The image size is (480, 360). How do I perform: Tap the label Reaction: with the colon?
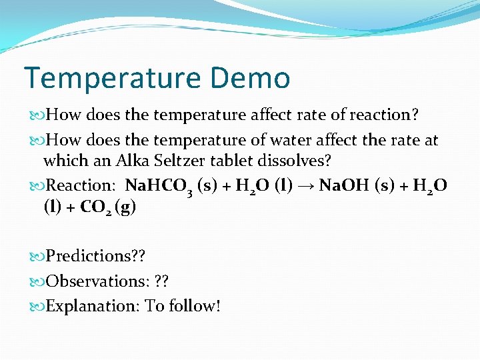[81, 185]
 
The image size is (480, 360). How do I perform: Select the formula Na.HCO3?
[159, 186]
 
